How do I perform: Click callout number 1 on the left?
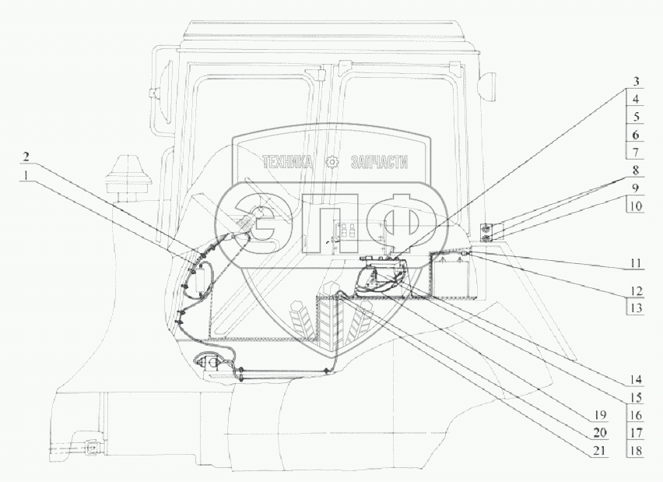[x=27, y=177]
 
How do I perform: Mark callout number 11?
[x=636, y=263]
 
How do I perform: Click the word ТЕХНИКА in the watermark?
[x=289, y=162]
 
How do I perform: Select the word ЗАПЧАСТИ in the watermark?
[x=381, y=162]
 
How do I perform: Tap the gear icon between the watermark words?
[x=333, y=161]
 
